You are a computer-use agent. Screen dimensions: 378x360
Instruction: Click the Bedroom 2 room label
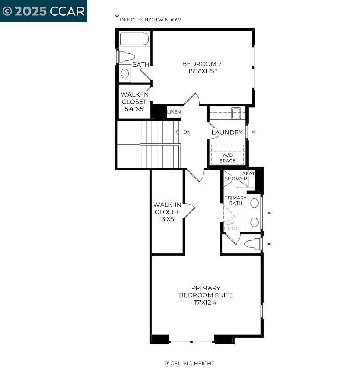click(199, 64)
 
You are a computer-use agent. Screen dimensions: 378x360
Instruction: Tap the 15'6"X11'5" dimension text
click(199, 71)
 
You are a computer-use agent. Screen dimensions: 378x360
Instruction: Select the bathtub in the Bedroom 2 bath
click(134, 39)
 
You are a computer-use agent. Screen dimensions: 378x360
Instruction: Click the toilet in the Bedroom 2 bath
click(126, 56)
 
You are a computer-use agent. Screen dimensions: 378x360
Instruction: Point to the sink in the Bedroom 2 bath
click(125, 73)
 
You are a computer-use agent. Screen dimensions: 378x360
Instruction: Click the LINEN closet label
click(174, 112)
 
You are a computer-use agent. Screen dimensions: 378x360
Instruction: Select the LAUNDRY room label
click(227, 132)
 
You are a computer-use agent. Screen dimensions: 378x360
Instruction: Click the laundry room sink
click(236, 113)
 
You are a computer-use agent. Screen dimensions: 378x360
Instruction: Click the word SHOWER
click(236, 179)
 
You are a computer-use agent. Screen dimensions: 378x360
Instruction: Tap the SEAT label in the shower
click(248, 173)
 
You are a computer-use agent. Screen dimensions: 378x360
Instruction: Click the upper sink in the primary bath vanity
click(254, 203)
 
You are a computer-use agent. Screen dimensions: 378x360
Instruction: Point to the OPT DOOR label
click(231, 225)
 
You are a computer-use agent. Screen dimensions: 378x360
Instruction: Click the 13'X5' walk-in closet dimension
click(167, 219)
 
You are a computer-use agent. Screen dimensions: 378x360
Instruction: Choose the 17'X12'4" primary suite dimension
click(206, 302)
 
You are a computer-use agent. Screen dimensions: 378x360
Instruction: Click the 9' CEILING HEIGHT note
click(189, 364)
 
